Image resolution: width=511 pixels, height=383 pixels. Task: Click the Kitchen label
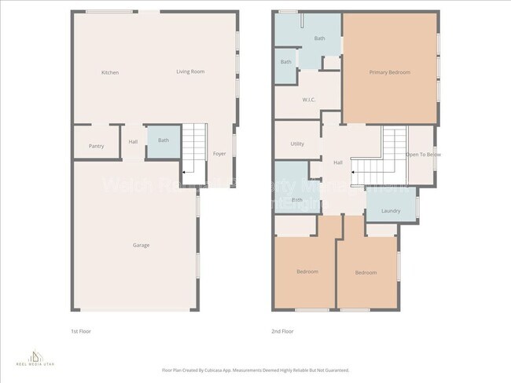point(110,73)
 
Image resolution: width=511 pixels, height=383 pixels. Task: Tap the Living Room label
point(189,71)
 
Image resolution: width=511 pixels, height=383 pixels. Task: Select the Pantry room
point(96,146)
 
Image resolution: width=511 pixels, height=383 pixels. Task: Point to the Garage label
point(141,245)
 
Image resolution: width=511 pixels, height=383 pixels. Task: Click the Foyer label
point(219,154)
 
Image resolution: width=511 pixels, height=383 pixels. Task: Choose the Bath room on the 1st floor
point(163,140)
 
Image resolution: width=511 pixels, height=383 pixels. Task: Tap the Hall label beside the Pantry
point(134,142)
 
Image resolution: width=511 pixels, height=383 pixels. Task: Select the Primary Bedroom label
point(389,72)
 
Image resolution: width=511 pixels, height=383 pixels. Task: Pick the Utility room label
point(297,144)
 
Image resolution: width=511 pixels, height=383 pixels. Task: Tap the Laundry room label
point(391,211)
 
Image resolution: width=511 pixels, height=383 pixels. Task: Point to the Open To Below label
point(423,155)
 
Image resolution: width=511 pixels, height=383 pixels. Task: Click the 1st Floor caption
point(81,331)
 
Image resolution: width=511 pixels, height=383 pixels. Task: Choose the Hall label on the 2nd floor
point(338,162)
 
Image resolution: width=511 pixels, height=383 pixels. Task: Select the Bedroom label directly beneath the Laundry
point(366,272)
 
